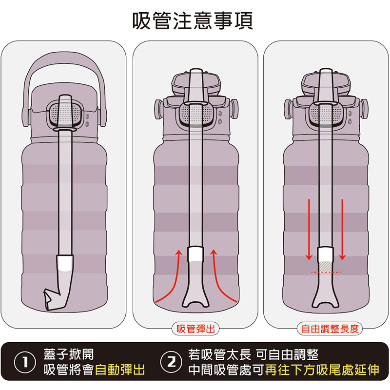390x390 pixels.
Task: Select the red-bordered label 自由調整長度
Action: [x=329, y=329]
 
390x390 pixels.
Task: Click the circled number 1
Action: [x=25, y=362]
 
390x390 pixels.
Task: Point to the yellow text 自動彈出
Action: [x=120, y=370]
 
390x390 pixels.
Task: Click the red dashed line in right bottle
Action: [x=326, y=272]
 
